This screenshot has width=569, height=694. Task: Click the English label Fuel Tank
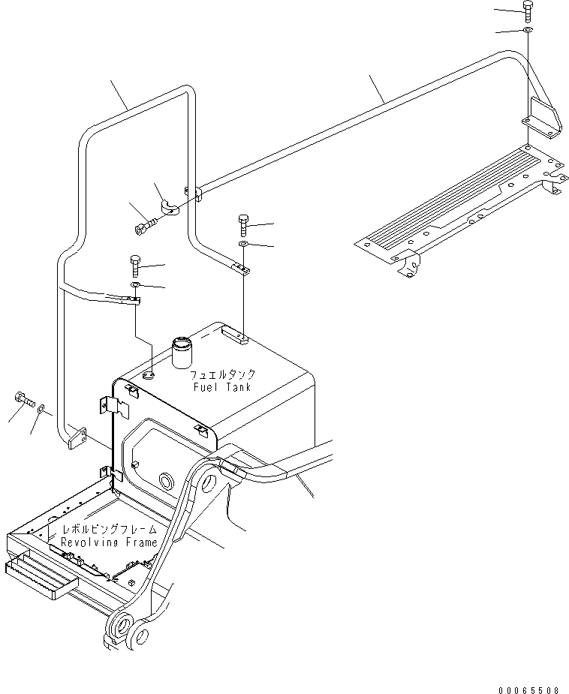pos(222,387)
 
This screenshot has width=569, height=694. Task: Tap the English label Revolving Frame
pos(110,542)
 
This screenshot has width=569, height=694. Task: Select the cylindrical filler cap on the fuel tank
pos(182,353)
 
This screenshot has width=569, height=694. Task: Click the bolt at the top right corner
pos(528,10)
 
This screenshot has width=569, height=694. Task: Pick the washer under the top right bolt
pos(528,30)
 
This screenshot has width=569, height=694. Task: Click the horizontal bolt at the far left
pos(24,399)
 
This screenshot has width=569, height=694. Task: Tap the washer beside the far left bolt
pos(41,408)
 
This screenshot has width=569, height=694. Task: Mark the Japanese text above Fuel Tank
pos(223,375)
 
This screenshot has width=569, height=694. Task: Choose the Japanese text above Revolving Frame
pos(110,530)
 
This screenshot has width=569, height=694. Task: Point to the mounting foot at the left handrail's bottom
pos(77,438)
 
